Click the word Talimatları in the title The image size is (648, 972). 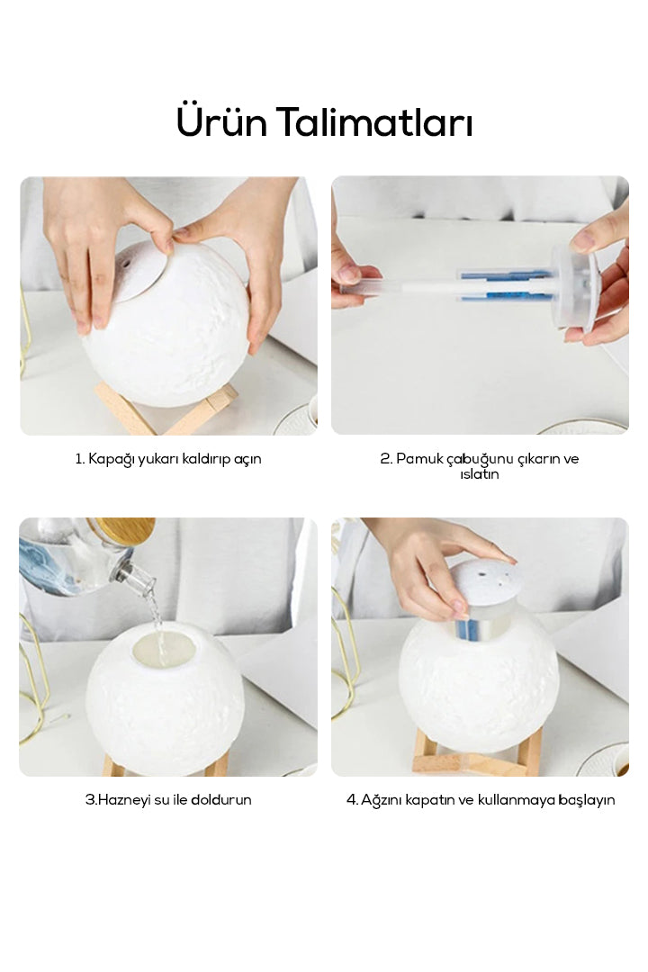pos(374,121)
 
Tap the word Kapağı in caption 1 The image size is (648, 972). pos(111,459)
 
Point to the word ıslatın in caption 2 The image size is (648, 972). pos(480,474)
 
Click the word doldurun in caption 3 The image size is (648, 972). pos(220,800)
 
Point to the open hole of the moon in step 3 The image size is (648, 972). pos(165,649)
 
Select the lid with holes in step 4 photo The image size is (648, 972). pos(481,587)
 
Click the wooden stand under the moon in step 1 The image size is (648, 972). pos(166,409)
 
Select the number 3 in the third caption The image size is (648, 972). pos(89,800)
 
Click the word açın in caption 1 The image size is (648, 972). pos(247,460)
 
